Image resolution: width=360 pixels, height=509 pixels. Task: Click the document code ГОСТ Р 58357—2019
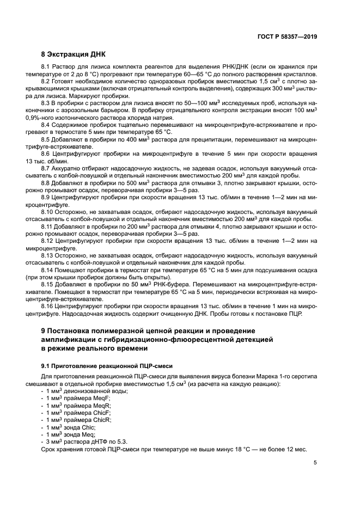[x=288, y=37]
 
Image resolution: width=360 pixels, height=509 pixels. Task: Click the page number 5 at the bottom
[x=315, y=463]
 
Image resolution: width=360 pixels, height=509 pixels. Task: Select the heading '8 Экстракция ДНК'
[x=74, y=54]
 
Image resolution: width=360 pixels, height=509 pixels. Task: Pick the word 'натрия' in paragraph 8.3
[x=162, y=117]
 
